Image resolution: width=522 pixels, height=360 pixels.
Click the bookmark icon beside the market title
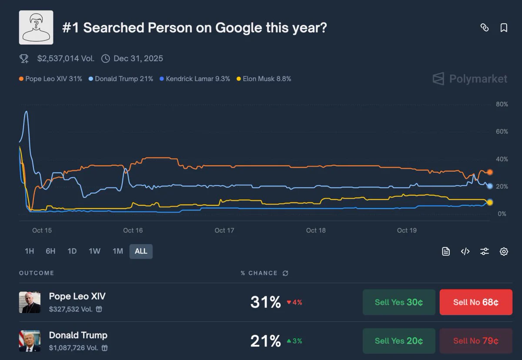(x=504, y=28)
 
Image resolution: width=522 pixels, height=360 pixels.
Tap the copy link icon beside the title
(x=485, y=28)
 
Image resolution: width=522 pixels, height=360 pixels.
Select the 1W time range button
(x=94, y=251)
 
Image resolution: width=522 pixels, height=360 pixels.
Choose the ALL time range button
(x=141, y=251)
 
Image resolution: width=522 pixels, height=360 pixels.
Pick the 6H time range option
(x=50, y=251)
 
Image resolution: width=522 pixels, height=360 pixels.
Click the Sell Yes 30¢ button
(x=399, y=302)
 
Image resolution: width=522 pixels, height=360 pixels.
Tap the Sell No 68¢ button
(x=476, y=302)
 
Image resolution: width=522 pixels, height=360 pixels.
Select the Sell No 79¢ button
(x=476, y=341)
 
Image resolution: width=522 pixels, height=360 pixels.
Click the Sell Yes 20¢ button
(x=399, y=341)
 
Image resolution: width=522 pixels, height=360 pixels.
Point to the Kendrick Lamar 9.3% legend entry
(x=195, y=79)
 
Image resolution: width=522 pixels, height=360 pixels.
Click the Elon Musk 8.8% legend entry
(x=264, y=79)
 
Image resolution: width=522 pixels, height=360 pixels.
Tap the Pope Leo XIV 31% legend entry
(x=50, y=79)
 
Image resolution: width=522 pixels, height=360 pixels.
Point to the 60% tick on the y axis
(x=502, y=132)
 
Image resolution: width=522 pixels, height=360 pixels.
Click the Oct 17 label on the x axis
(x=224, y=230)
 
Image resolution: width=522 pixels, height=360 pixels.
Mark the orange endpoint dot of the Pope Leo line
(x=490, y=172)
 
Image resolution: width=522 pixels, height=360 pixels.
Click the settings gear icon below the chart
(x=504, y=251)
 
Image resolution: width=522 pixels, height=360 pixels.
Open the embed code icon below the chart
(x=465, y=251)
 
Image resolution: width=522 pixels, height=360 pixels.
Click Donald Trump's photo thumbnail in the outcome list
(x=30, y=341)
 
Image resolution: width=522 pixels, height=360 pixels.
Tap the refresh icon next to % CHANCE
(x=285, y=273)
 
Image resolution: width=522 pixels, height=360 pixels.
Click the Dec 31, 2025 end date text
(x=138, y=58)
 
